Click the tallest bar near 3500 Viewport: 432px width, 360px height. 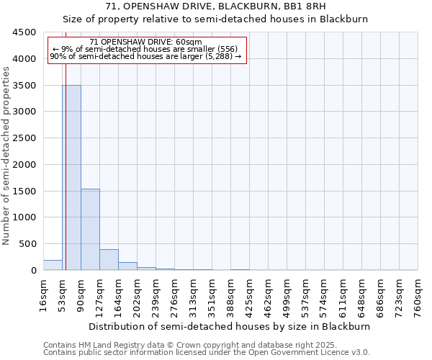(x=71, y=177)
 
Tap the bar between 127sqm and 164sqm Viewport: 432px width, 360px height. (x=109, y=260)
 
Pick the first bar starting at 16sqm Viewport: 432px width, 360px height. (x=53, y=265)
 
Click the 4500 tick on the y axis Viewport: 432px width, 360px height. (x=24, y=32)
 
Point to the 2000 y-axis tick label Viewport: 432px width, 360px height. (x=24, y=165)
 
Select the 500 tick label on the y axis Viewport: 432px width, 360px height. (x=27, y=244)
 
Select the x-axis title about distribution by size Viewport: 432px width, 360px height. (x=230, y=326)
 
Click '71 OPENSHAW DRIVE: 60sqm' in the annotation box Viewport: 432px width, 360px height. (x=146, y=42)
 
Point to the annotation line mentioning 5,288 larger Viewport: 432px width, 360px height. (x=146, y=56)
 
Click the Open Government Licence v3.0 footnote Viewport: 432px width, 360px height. (x=207, y=353)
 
